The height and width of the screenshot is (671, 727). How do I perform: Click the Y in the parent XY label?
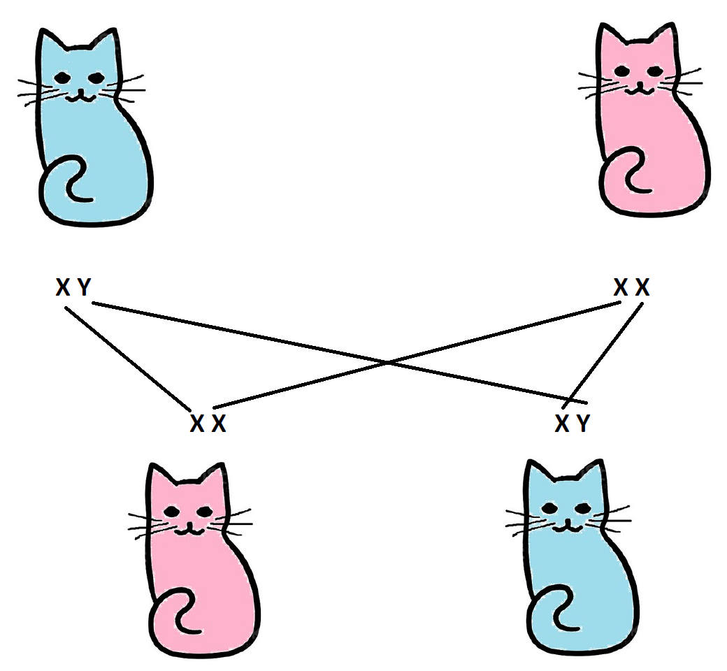click(x=84, y=287)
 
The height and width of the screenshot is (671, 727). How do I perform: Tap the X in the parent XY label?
click(x=63, y=287)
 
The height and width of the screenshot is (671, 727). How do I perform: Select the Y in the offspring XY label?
click(x=583, y=423)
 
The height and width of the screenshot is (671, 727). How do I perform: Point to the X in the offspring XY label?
click(x=562, y=423)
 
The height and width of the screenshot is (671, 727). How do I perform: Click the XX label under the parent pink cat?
click(x=631, y=287)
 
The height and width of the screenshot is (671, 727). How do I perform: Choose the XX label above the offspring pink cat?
click(x=208, y=424)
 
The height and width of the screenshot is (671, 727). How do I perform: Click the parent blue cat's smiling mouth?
click(x=80, y=96)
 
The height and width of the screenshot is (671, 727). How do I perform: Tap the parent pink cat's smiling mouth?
click(x=640, y=89)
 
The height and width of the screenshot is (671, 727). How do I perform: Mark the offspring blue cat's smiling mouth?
click(x=567, y=526)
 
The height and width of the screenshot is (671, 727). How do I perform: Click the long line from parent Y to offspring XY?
click(x=340, y=353)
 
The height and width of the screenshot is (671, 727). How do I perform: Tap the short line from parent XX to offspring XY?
click(x=603, y=356)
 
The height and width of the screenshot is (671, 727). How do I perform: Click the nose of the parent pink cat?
click(x=640, y=83)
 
